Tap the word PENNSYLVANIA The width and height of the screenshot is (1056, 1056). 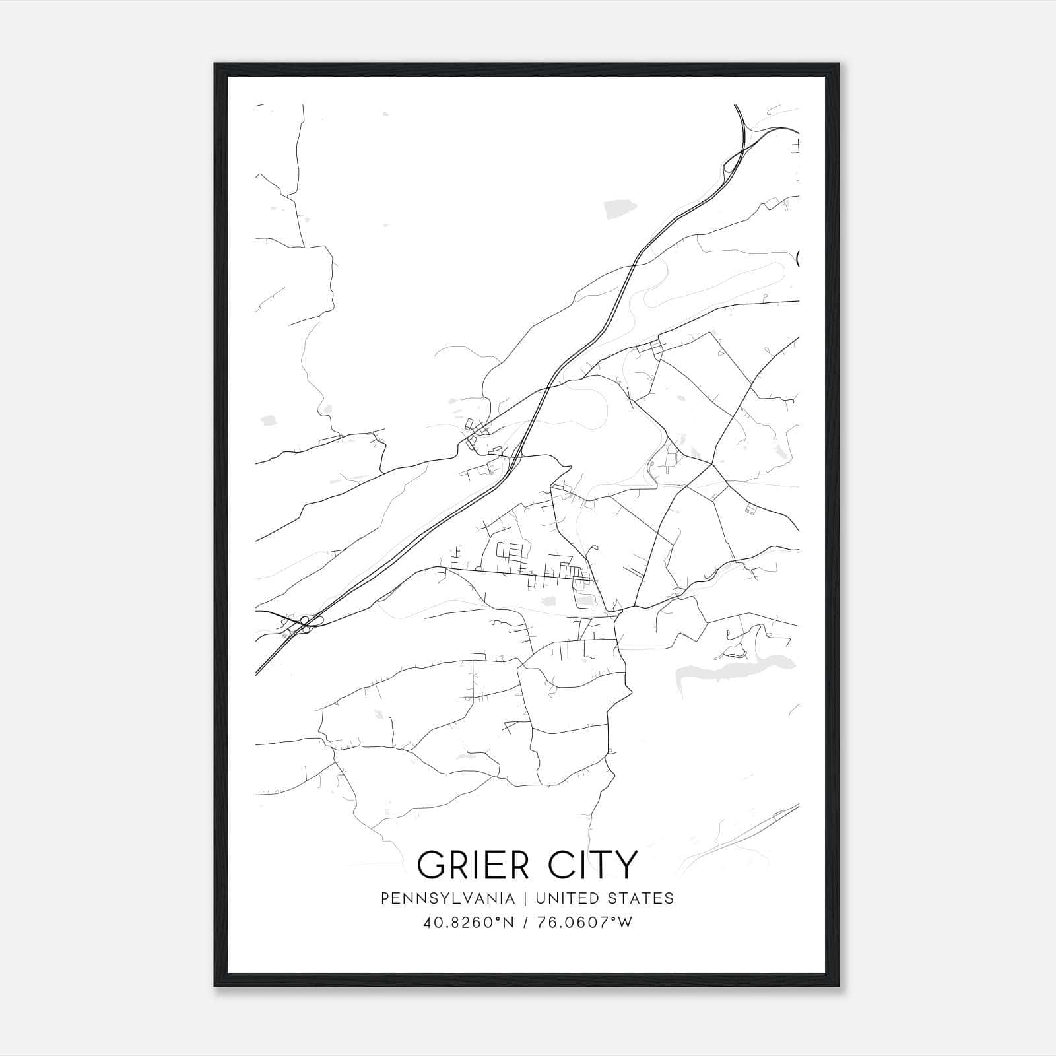click(x=447, y=898)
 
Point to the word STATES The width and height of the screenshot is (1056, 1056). click(x=640, y=898)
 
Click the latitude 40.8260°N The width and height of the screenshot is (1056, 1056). click(x=468, y=923)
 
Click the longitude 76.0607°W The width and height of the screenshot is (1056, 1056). click(x=584, y=923)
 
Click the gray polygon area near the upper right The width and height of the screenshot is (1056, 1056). click(x=621, y=209)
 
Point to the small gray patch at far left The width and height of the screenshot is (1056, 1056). click(x=268, y=419)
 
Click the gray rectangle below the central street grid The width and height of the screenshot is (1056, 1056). click(x=548, y=601)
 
